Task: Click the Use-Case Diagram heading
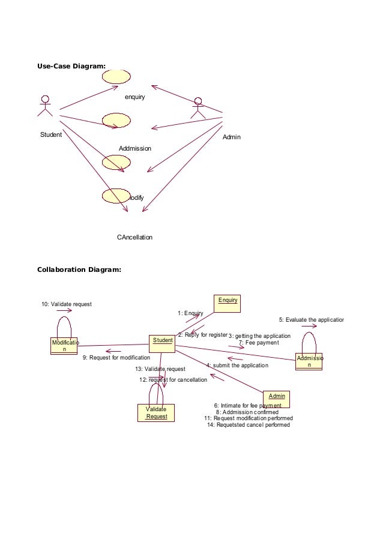(71, 66)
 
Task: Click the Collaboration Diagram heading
(79, 269)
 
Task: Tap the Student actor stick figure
(44, 106)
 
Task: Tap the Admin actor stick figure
(198, 107)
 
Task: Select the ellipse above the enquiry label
(116, 77)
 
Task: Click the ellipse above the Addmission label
(116, 120)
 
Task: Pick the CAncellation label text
(134, 237)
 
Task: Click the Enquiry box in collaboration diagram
(228, 303)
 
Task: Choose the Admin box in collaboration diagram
(277, 399)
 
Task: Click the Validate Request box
(156, 413)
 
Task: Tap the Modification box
(64, 346)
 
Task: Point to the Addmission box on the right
(309, 361)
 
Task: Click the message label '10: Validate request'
(66, 304)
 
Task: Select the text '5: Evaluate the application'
(311, 319)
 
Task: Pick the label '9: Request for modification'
(116, 358)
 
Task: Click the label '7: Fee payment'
(259, 343)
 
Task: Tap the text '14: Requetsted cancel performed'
(249, 425)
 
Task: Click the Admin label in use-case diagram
(231, 137)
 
